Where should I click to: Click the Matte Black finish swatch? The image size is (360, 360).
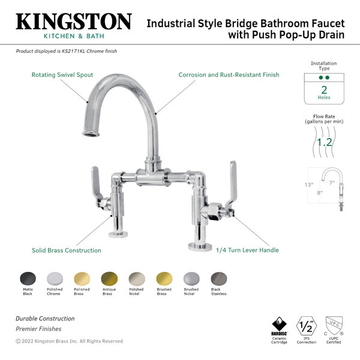click(x=28, y=279)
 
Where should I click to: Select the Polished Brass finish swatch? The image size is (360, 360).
click(x=82, y=279)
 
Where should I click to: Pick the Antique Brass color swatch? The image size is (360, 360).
click(x=109, y=279)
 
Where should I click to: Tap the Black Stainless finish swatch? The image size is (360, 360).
click(x=219, y=279)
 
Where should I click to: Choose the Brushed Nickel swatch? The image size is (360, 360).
click(x=191, y=279)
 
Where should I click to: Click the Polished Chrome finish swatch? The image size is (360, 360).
click(x=55, y=279)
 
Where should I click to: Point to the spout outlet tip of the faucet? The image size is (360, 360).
click(x=91, y=134)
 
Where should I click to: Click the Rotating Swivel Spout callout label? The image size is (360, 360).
click(x=62, y=75)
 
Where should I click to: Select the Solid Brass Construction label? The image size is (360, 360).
click(x=67, y=250)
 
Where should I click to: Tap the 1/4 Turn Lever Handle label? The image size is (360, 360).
click(x=247, y=250)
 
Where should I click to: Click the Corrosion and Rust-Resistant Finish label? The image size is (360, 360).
click(x=229, y=75)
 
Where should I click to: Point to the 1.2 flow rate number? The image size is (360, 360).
click(x=324, y=142)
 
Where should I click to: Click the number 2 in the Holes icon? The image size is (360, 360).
click(x=324, y=90)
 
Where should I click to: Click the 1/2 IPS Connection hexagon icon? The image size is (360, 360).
click(x=307, y=326)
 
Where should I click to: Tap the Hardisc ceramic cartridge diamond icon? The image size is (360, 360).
click(x=279, y=324)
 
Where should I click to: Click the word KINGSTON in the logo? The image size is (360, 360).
click(x=74, y=22)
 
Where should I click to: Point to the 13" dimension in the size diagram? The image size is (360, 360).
click(x=309, y=185)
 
